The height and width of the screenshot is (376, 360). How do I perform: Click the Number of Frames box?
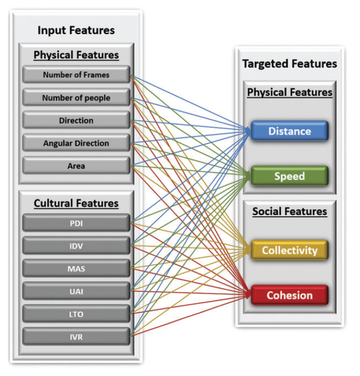point(76,75)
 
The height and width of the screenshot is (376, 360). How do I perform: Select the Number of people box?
point(76,98)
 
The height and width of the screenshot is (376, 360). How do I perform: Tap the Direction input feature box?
point(76,121)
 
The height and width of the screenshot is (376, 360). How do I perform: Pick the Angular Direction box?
point(76,143)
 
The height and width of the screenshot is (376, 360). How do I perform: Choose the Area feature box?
point(76,166)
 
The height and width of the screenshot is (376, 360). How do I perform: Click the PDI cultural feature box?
point(76,224)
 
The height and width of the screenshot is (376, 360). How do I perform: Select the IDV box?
point(76,246)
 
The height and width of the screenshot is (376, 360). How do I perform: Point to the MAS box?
point(76,269)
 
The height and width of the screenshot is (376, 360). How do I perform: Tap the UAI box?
point(76,291)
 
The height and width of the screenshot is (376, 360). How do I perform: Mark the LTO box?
point(76,314)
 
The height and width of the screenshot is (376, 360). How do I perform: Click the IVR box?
point(76,337)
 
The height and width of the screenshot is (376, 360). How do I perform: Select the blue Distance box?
point(290,131)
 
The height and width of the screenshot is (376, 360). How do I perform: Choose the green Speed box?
point(290,176)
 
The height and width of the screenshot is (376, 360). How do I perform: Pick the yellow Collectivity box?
point(290,250)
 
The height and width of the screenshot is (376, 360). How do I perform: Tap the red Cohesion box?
point(290,295)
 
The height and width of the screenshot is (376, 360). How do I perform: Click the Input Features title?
point(76,30)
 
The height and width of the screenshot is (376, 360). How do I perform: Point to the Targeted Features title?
point(290,64)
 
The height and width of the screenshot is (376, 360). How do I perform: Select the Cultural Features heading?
point(76,203)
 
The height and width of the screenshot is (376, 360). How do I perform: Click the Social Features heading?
point(290,211)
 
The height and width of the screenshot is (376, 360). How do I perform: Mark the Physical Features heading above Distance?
point(290,92)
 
